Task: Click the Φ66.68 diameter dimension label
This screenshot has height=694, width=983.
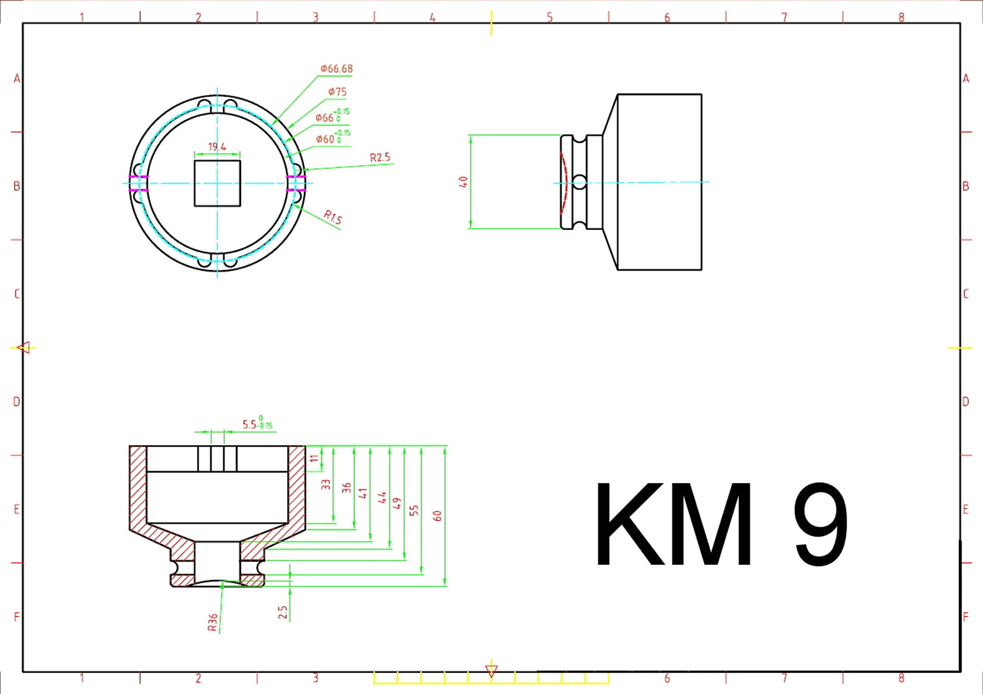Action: click(336, 69)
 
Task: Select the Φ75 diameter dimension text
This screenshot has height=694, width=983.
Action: click(337, 92)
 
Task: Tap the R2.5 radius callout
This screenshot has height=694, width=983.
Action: click(379, 157)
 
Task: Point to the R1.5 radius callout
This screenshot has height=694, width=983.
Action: click(333, 217)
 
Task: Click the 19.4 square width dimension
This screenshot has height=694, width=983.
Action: click(217, 147)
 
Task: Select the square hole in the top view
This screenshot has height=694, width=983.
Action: click(218, 183)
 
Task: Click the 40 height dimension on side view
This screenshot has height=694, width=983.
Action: click(463, 182)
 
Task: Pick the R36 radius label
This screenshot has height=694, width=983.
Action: click(212, 623)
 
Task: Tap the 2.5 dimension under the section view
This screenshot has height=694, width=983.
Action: click(282, 612)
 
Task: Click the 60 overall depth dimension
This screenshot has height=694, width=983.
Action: click(438, 516)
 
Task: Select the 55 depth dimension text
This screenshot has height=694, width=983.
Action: click(414, 510)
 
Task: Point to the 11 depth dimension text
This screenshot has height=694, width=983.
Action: click(315, 459)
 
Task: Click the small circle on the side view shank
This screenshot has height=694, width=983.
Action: click(579, 182)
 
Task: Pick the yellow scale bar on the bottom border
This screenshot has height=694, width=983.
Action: click(491, 678)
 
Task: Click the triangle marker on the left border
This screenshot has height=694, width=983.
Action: click(24, 347)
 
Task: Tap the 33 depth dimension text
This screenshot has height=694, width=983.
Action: click(326, 484)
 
